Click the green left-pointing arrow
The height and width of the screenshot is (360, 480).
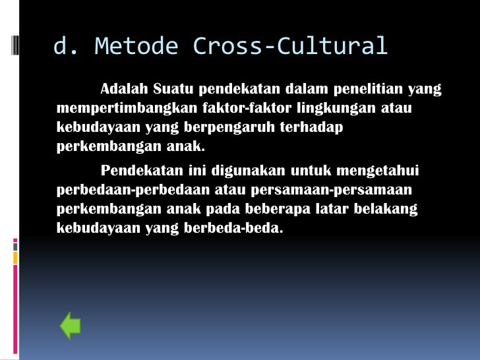click(x=70, y=326)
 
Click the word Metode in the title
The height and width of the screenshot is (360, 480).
click(x=136, y=46)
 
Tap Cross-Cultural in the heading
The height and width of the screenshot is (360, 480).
click(x=289, y=46)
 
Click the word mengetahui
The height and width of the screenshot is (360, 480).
click(x=377, y=171)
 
